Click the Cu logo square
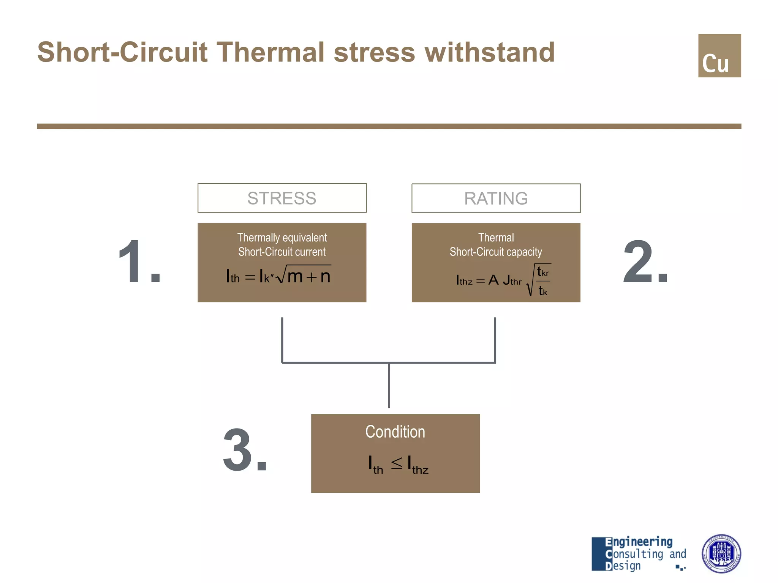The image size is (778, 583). (719, 56)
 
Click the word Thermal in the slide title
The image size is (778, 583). (270, 52)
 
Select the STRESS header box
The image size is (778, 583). (282, 198)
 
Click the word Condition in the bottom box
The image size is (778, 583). (395, 432)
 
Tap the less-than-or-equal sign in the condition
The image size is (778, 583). (397, 463)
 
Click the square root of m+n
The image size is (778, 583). (304, 275)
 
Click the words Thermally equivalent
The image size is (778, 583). (282, 238)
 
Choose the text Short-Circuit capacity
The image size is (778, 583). (496, 252)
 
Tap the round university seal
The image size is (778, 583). (721, 554)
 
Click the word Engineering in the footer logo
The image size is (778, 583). (639, 542)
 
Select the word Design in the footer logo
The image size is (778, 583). (623, 566)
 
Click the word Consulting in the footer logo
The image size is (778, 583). (634, 554)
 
